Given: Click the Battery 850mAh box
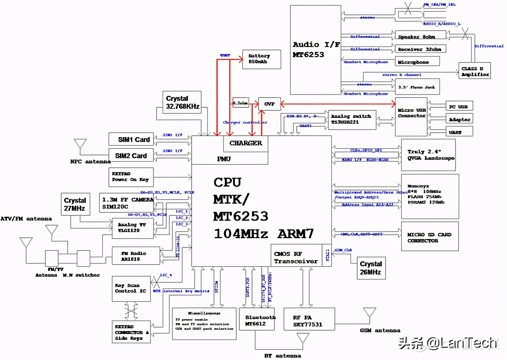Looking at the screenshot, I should click(261, 59).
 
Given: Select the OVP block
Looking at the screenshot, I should click(269, 104).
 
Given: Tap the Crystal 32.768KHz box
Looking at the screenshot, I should click(182, 102).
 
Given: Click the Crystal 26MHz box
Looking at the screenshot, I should click(371, 268).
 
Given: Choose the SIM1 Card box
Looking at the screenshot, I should click(131, 139).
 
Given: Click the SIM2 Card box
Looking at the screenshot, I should click(131, 155).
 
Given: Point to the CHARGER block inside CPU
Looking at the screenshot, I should click(246, 143).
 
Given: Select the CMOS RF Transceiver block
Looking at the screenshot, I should click(296, 257).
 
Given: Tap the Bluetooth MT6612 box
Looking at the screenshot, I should click(257, 320).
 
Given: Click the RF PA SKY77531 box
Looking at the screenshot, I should click(309, 320).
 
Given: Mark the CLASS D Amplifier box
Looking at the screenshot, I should click(475, 71).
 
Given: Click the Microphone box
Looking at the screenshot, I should click(417, 61).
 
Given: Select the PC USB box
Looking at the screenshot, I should click(459, 107).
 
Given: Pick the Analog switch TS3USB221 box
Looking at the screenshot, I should click(352, 120).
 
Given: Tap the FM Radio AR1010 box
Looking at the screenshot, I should click(130, 256).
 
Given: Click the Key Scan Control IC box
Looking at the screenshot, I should click(131, 289).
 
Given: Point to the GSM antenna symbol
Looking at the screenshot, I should click(369, 313).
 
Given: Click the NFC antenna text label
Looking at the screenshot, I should click(90, 162).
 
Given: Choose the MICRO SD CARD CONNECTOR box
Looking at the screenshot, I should click(429, 237).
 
